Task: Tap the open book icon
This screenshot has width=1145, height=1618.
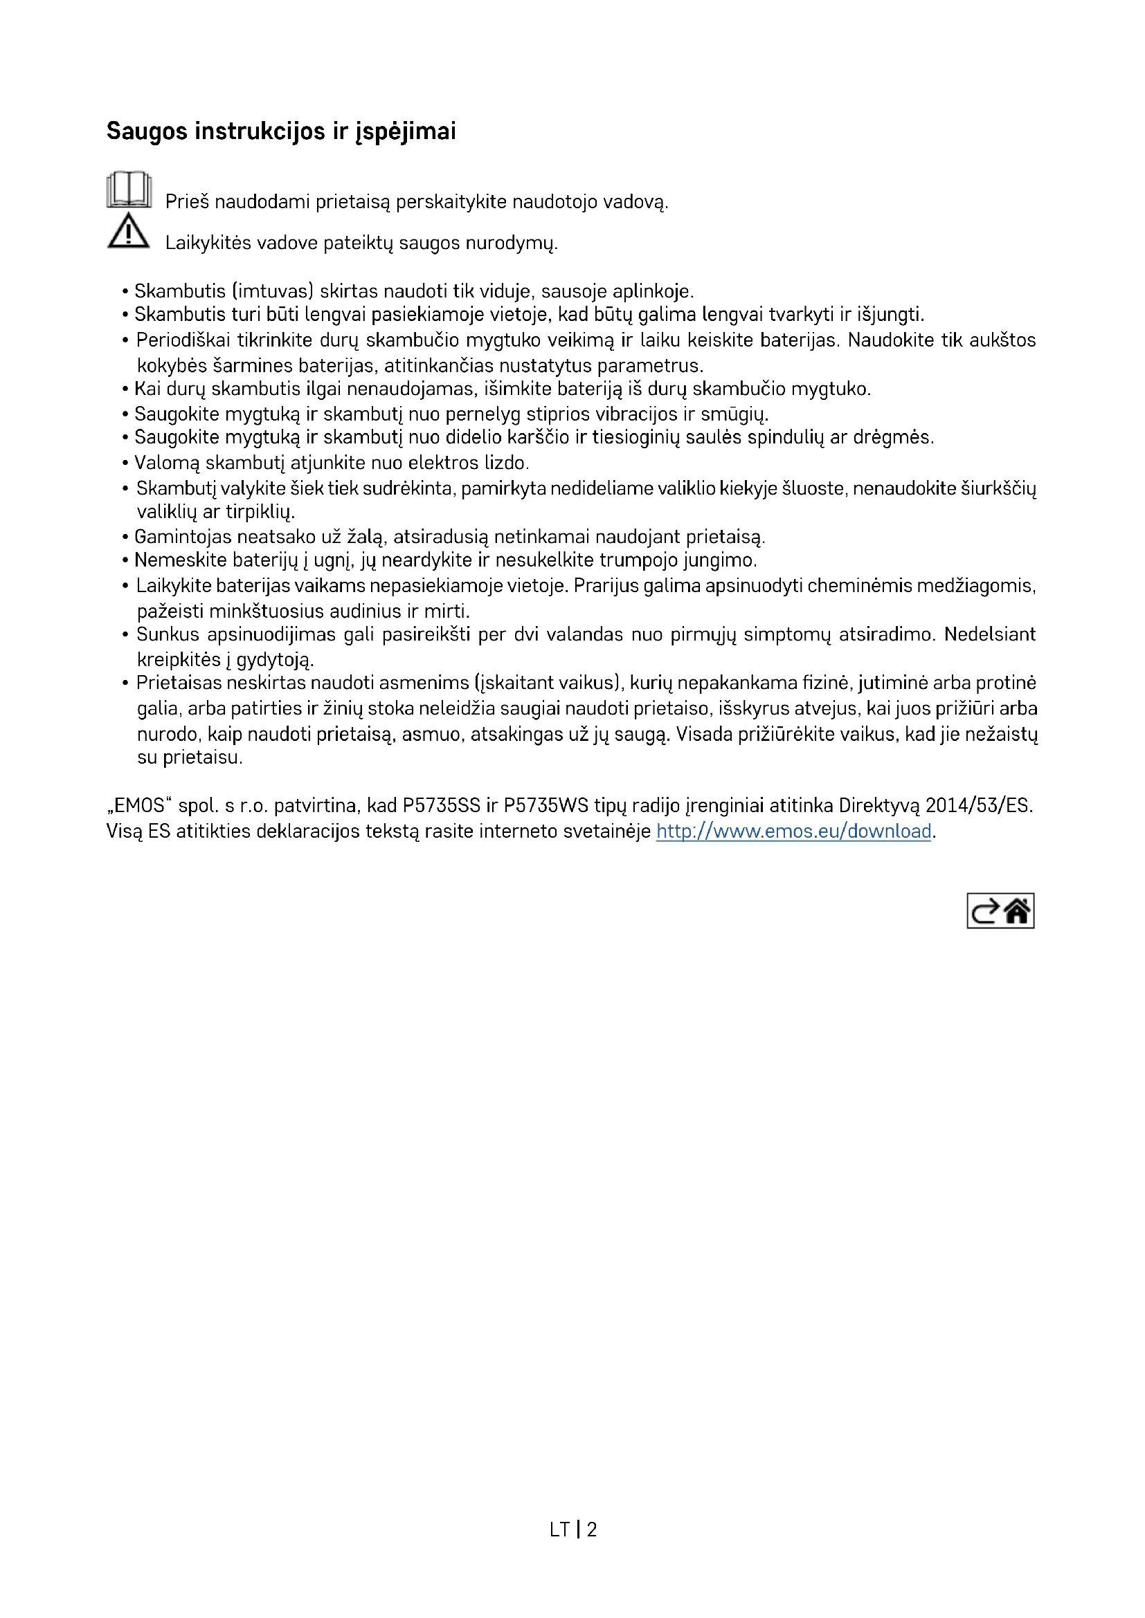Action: (x=129, y=190)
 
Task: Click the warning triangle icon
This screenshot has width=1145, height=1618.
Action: (x=128, y=231)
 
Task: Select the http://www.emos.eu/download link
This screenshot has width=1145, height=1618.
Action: (x=793, y=831)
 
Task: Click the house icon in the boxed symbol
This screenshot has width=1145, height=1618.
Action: (x=1017, y=911)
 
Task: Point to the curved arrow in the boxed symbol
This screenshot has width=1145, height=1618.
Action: (x=985, y=911)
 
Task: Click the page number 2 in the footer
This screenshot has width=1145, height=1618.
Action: (x=591, y=1529)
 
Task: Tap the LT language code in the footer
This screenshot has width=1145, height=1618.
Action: (x=560, y=1529)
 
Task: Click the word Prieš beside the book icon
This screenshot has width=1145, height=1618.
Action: (x=187, y=202)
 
